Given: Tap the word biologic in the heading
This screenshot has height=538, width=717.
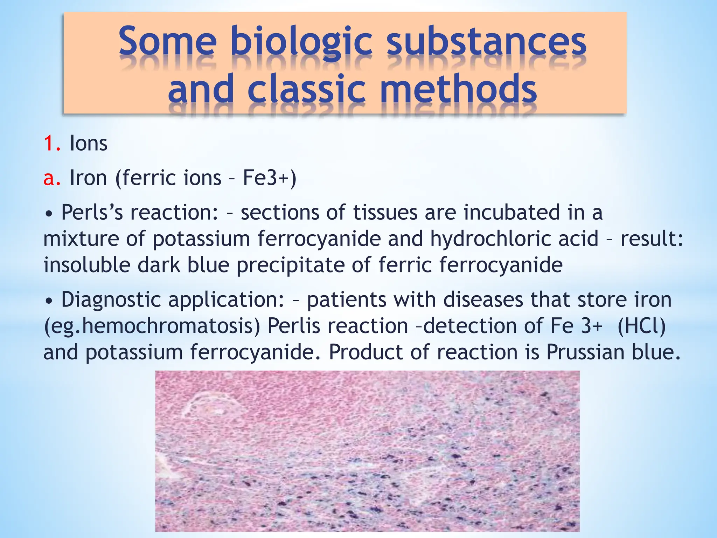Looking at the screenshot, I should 301,43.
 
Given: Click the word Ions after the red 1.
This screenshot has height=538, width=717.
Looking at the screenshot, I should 89,144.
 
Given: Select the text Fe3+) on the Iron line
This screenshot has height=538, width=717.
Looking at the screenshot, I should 270,178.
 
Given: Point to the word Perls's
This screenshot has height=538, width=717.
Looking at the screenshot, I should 92,213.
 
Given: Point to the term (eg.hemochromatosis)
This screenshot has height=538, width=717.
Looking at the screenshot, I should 152,326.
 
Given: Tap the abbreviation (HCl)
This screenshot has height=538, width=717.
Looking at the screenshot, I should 641,326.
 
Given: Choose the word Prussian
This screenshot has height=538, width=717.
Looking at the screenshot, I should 585,352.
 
